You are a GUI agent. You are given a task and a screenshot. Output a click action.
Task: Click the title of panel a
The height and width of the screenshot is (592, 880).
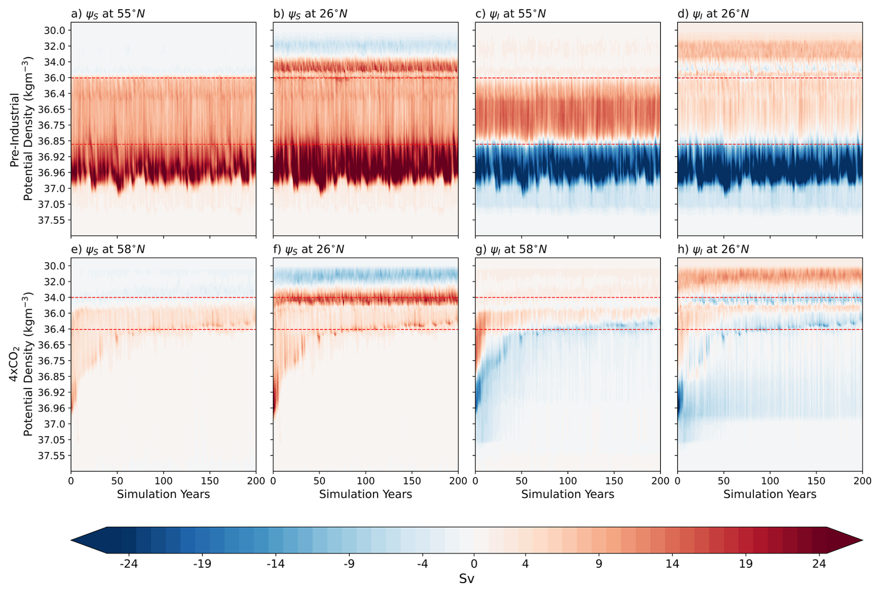tap(108, 14)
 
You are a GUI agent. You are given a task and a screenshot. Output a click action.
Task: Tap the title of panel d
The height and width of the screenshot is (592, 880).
tap(713, 14)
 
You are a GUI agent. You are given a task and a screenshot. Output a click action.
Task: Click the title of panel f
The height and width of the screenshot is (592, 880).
tap(309, 249)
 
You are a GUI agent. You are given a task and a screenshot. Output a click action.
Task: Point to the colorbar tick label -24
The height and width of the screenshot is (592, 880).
tap(129, 564)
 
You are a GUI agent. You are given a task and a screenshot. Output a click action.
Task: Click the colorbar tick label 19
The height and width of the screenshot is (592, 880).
tap(746, 564)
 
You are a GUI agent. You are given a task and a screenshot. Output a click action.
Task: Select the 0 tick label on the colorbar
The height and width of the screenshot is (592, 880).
tap(474, 564)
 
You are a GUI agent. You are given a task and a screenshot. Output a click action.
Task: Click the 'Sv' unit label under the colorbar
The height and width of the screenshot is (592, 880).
tap(467, 579)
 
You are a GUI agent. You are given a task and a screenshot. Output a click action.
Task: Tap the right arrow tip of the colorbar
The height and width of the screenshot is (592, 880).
tap(862, 540)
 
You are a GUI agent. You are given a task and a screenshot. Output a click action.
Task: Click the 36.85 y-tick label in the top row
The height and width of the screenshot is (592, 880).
tap(52, 141)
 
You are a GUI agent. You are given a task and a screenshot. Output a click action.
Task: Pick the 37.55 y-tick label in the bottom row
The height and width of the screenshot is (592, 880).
tap(52, 456)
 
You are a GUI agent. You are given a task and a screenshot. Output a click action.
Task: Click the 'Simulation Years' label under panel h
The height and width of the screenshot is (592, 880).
tap(770, 494)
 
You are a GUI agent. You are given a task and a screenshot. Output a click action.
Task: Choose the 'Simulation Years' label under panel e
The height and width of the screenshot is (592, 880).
tap(163, 494)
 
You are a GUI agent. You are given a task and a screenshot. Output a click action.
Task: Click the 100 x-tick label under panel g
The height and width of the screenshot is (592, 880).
tap(567, 481)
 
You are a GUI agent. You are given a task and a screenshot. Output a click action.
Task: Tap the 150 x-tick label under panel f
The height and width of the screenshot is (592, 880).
tap(412, 481)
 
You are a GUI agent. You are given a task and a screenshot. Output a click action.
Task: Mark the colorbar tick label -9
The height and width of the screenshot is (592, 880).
tap(349, 564)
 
